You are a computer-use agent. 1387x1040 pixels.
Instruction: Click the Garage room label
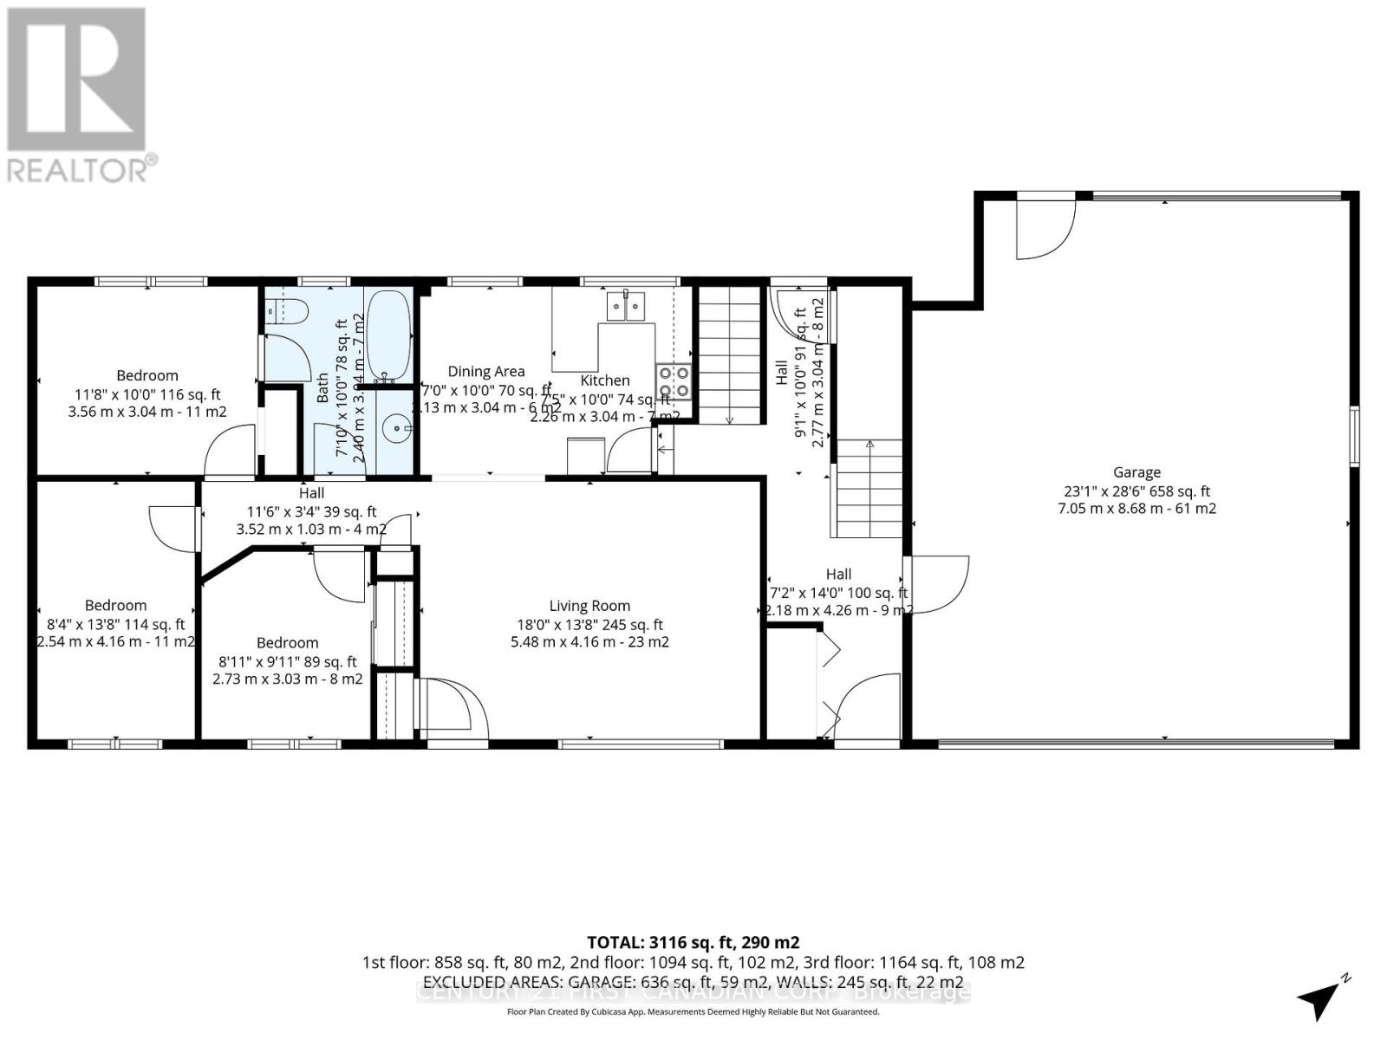1136,472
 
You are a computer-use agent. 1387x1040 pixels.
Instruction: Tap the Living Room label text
589,606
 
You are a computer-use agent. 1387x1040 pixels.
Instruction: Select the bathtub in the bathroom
388,335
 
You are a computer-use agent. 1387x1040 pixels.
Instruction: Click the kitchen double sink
626,305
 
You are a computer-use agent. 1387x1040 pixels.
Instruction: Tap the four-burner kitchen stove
674,381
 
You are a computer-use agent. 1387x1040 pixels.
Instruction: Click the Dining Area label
485,371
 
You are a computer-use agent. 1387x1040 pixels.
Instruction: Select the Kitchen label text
605,380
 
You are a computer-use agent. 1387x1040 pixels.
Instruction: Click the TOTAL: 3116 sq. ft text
693,942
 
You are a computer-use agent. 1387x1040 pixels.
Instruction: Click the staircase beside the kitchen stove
730,355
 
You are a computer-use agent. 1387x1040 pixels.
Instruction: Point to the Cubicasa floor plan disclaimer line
693,1012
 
